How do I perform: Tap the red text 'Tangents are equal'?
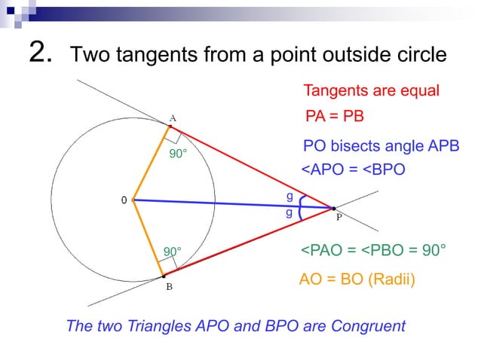pos(370,91)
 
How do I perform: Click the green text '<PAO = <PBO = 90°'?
pos(373,250)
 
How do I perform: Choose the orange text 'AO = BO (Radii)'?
pos(357,279)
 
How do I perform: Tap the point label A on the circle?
pos(173,118)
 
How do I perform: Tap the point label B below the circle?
pos(170,287)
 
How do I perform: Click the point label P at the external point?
pos(339,217)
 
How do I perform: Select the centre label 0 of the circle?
pos(124,200)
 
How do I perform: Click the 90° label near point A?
pos(178,154)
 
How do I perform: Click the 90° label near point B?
pos(173,251)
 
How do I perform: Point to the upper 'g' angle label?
pos(289,196)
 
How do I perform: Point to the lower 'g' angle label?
pos(289,213)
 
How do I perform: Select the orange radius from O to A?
pos(152,162)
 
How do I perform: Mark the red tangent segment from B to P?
pos(249,243)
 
